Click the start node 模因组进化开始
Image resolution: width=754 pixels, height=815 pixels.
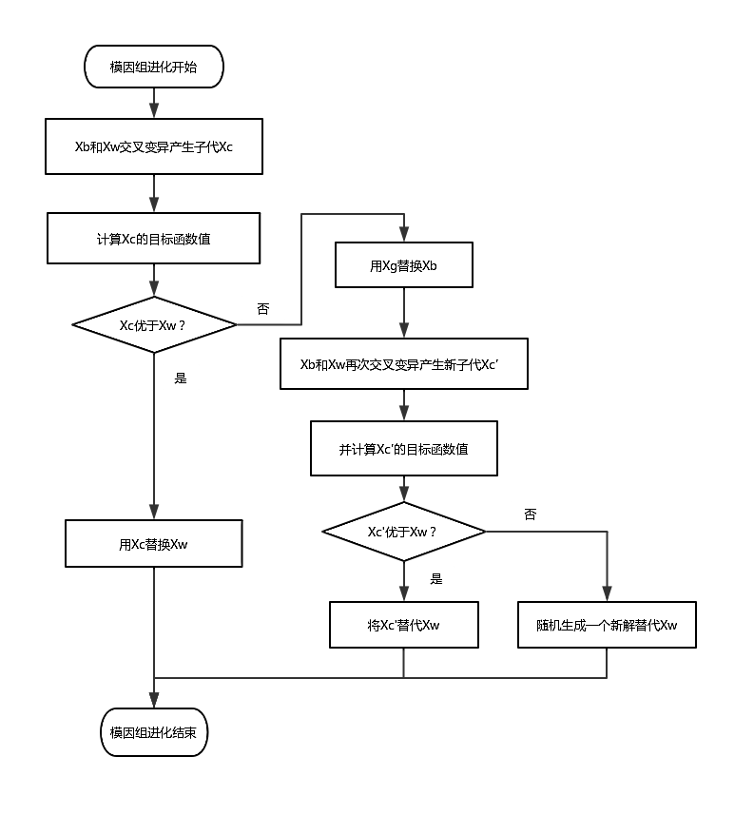click(153, 68)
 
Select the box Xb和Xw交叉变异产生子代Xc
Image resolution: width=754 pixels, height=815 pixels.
click(153, 146)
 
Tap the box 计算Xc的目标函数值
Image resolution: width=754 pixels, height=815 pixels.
click(153, 239)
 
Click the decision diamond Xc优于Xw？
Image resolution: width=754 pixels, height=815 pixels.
click(153, 325)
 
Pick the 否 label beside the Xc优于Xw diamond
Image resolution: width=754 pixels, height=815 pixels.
click(263, 308)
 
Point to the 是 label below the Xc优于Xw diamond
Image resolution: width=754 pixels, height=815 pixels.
click(181, 378)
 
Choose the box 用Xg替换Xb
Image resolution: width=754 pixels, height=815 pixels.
click(403, 265)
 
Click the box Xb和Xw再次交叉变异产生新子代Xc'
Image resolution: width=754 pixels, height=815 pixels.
click(403, 364)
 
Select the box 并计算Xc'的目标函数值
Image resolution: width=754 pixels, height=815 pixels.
click(403, 449)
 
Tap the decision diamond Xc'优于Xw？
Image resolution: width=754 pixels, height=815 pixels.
click(403, 532)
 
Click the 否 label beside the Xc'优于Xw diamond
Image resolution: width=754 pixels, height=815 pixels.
click(530, 514)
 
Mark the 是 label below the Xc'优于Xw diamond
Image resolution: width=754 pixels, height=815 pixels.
click(436, 578)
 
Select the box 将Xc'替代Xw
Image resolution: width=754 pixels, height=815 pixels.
click(403, 625)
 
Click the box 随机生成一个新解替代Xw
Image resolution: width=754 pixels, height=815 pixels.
click(607, 625)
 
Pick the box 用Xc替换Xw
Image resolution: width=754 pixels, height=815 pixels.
click(153, 544)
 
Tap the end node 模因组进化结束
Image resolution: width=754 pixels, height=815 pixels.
click(153, 732)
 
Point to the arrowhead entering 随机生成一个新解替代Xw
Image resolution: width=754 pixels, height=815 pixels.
click(607, 593)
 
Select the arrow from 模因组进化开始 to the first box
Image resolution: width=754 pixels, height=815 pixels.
click(153, 103)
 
